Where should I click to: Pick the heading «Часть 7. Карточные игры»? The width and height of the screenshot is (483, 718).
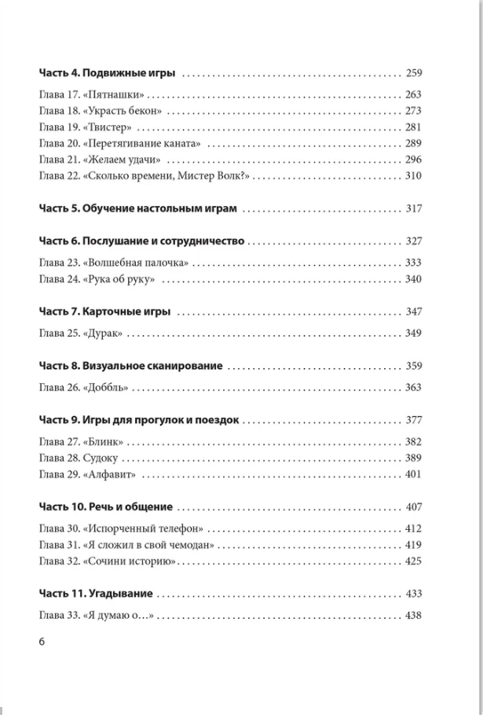(105, 312)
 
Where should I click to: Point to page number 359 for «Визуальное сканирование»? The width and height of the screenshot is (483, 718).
(414, 366)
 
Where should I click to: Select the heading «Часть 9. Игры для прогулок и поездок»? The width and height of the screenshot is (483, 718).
(141, 419)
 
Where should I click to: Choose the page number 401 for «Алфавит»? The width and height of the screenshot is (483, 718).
(414, 473)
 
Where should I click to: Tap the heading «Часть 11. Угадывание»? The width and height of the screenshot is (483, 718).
(95, 593)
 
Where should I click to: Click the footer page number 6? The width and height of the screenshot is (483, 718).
(42, 642)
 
